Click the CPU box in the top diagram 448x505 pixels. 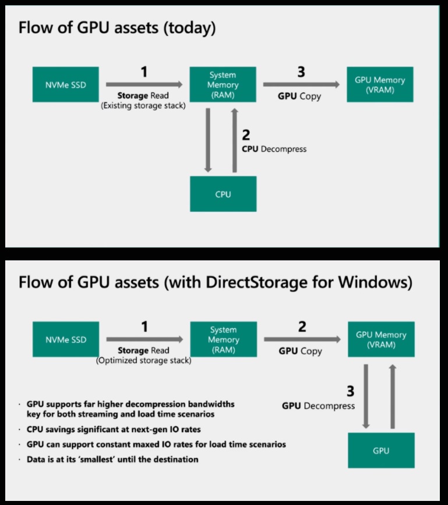(x=223, y=194)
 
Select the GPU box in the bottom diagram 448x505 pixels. (x=381, y=450)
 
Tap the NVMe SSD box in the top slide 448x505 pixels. (x=65, y=84)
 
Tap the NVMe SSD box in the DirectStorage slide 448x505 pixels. (x=65, y=339)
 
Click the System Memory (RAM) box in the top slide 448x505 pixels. (x=223, y=84)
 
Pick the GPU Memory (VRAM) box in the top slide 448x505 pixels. (x=380, y=84)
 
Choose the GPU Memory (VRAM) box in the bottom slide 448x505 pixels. (x=381, y=339)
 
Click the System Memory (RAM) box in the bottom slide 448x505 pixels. (x=224, y=339)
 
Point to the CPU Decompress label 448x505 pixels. (x=274, y=149)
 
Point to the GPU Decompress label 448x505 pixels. (x=318, y=406)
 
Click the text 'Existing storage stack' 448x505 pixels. (x=143, y=105)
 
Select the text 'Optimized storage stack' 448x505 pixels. (x=143, y=361)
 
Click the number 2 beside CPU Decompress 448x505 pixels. (x=246, y=135)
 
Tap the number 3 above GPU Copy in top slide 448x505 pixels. (x=301, y=72)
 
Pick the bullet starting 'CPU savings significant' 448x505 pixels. (x=114, y=430)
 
